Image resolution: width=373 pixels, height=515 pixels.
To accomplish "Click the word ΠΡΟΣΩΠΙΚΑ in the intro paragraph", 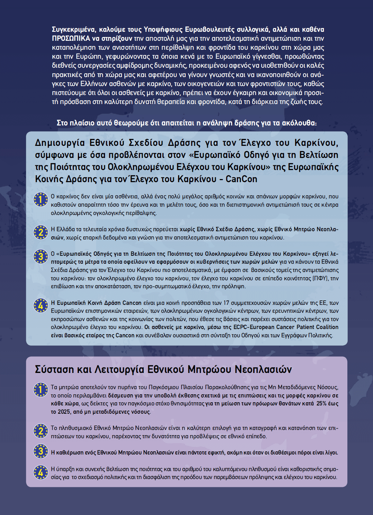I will click(71, 38).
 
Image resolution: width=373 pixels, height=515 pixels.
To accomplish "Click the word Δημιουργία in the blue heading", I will click(60, 143).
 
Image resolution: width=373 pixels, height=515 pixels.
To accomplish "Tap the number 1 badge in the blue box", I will click(41, 199).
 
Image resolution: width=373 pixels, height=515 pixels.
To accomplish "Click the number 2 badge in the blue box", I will click(41, 232).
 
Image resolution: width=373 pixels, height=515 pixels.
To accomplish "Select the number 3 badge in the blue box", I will click(41, 256).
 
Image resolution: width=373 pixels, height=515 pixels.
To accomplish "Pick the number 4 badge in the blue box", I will click(41, 306).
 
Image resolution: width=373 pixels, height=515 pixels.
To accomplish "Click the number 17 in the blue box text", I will click(226, 303).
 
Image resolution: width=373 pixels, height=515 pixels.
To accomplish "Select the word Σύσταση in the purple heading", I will click(54, 369).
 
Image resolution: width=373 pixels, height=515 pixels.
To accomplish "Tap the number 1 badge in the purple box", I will click(41, 390).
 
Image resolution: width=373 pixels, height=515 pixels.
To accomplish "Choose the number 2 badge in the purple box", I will click(41, 431).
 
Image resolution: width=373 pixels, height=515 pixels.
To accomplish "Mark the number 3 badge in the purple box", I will click(41, 451).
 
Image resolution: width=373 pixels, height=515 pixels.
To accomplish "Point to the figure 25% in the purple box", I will click(321, 403).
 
